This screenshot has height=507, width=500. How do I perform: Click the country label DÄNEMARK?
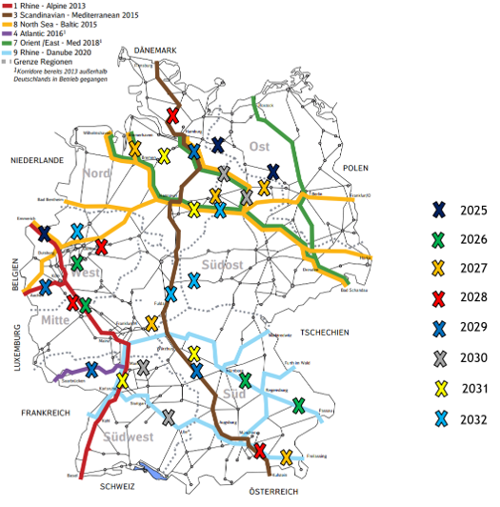[x=156, y=49]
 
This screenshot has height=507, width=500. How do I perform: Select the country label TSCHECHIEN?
[x=324, y=332]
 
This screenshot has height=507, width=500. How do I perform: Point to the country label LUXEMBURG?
[x=18, y=352]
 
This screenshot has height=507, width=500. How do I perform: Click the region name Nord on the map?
[x=97, y=172]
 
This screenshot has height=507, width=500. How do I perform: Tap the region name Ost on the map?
[x=260, y=146]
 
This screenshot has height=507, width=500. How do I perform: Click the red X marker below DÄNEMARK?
[x=172, y=116]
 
